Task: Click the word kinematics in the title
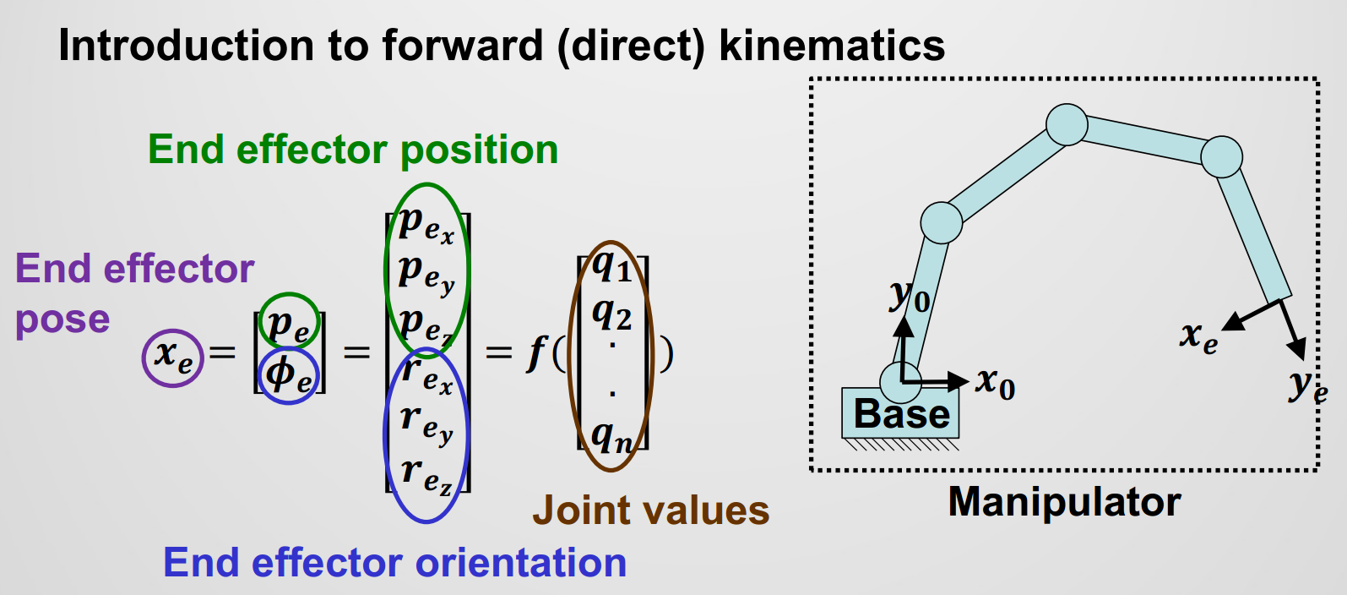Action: coord(832,46)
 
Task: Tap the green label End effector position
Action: coord(353,150)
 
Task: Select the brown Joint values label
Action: coord(650,510)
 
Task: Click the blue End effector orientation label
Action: coord(394,563)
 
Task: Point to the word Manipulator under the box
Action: coord(1064,502)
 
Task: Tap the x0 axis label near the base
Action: coord(995,383)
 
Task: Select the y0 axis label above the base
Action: coord(910,297)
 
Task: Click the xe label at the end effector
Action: coord(1198,336)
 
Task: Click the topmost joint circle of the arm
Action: coord(1067,125)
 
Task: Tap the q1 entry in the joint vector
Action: coord(611,267)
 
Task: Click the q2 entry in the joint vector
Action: coord(611,315)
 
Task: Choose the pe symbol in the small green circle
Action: coord(288,324)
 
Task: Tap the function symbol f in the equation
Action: coord(535,352)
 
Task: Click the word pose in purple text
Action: coord(62,319)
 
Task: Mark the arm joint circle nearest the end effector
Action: coord(1221,156)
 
